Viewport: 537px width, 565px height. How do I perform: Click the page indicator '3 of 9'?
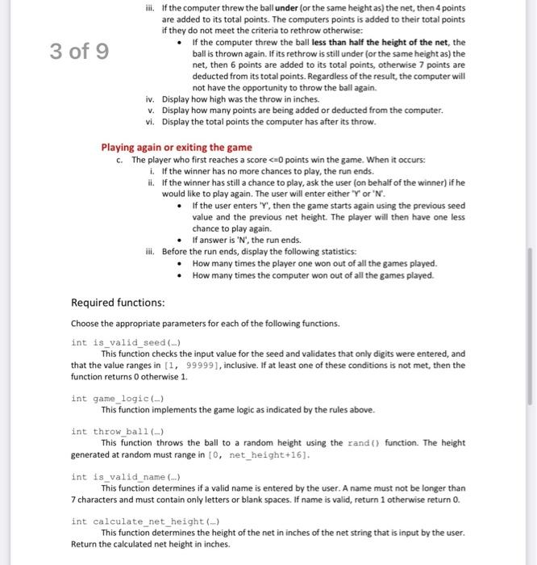(79, 52)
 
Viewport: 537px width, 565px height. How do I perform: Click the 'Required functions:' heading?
(118, 303)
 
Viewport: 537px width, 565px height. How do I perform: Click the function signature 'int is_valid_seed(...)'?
(125, 341)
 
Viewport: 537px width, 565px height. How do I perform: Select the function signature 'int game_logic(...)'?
(119, 398)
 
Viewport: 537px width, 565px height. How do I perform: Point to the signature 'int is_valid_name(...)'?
(125, 476)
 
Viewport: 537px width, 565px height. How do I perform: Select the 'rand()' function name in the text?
(366, 442)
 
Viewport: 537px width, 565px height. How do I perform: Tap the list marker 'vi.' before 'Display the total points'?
(148, 121)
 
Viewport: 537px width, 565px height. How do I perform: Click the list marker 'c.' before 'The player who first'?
(120, 160)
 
